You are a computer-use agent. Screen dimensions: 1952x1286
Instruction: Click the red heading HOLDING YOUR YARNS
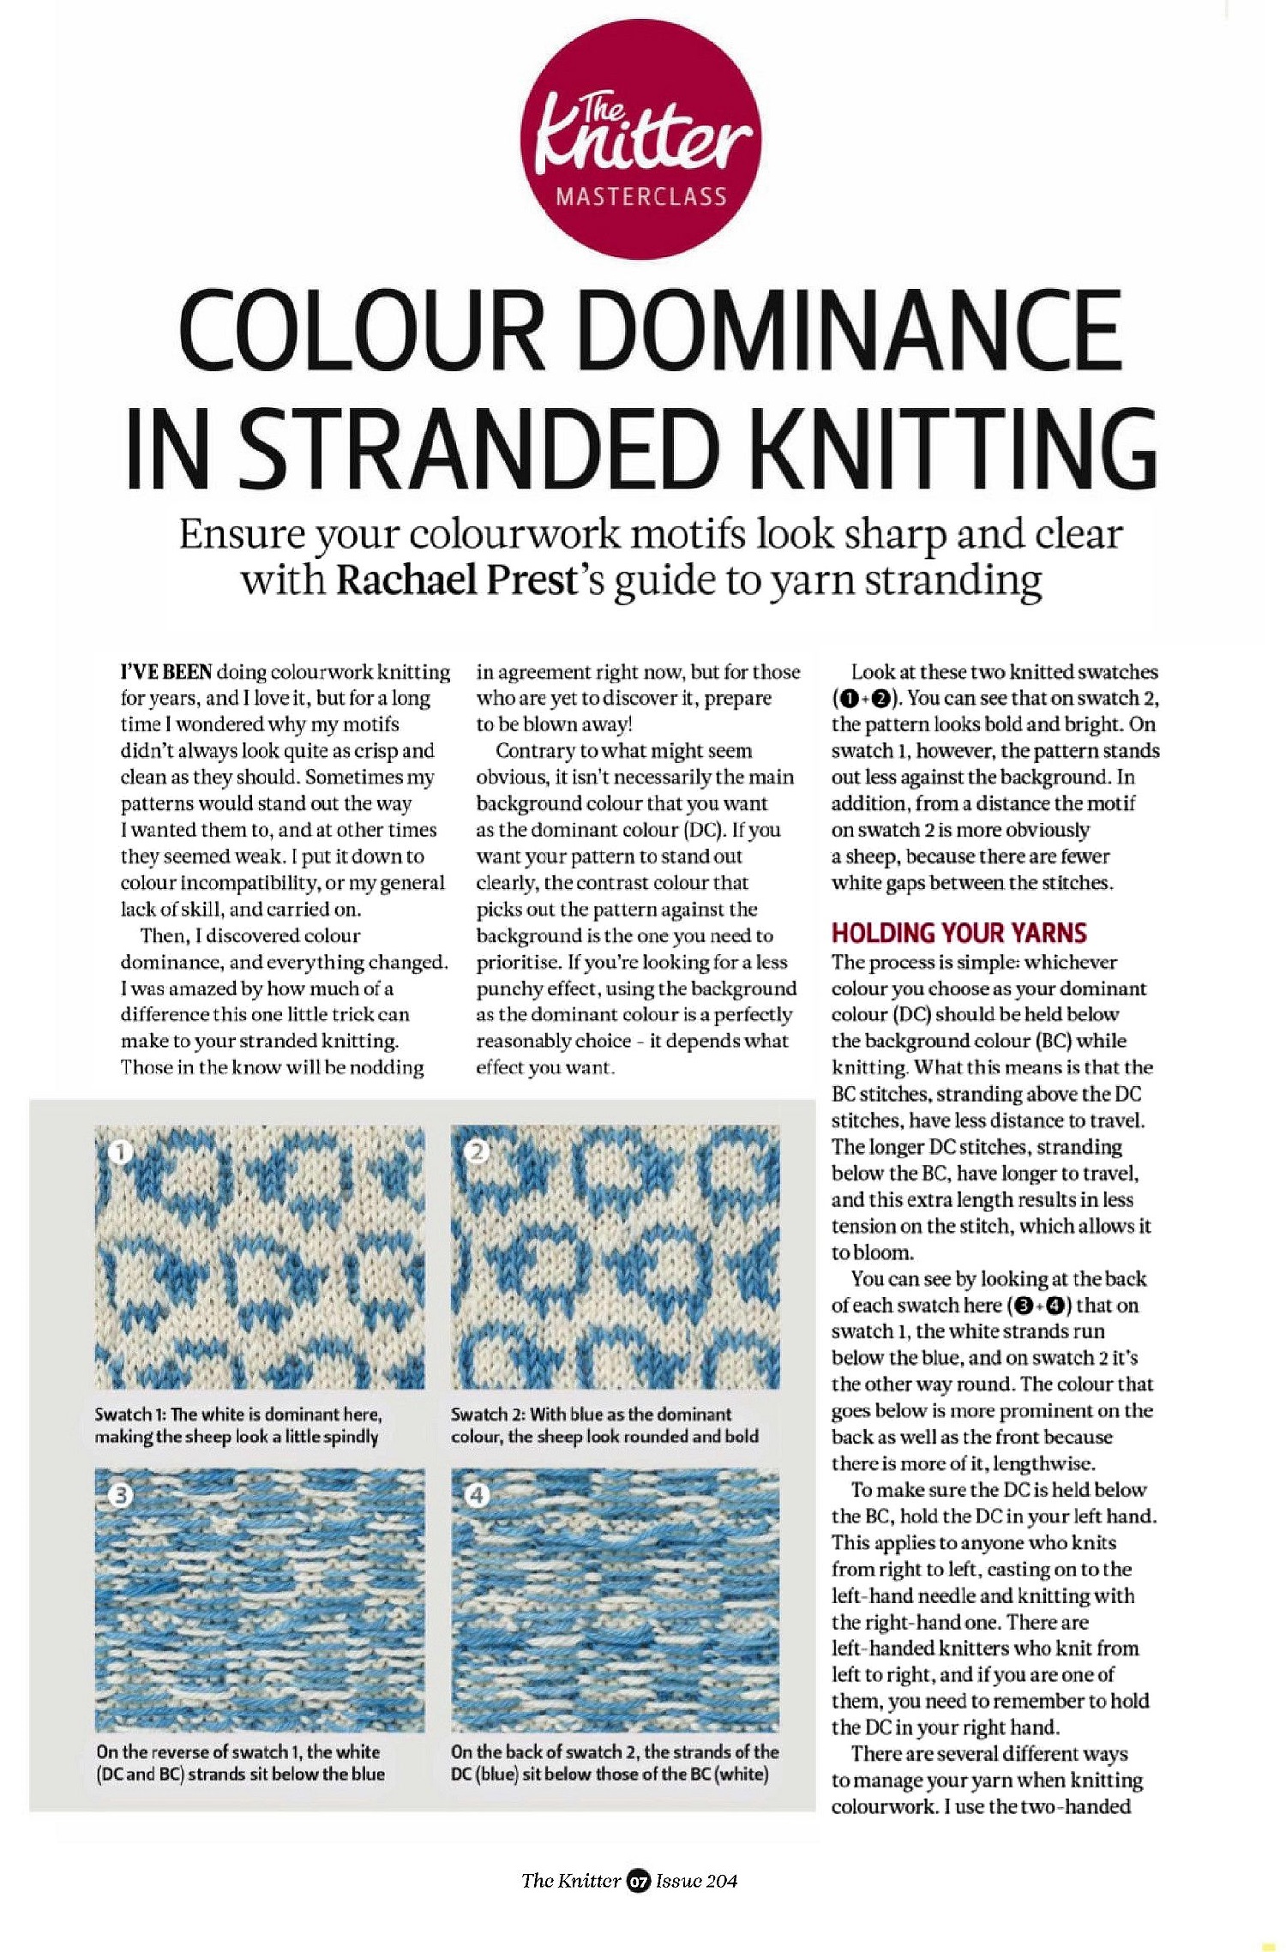point(958,933)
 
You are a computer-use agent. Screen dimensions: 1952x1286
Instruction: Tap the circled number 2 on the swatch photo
point(477,1151)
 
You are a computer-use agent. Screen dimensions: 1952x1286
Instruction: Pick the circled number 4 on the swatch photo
point(477,1496)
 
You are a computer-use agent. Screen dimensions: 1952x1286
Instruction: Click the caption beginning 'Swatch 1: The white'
point(237,1425)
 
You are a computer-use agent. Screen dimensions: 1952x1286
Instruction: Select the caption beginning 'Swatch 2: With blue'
point(604,1425)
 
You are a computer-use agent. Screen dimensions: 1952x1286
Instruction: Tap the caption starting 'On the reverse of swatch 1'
point(240,1763)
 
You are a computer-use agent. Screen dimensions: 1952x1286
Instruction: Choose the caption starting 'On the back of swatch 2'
point(614,1763)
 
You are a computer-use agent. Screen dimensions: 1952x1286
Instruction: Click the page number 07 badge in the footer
point(638,1882)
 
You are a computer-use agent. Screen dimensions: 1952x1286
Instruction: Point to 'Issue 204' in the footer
point(696,1882)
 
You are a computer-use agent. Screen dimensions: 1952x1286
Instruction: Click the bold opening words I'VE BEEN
point(165,672)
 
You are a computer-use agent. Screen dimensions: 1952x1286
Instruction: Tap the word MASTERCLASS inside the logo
point(640,197)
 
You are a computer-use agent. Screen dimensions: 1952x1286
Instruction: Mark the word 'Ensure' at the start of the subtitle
point(242,534)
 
